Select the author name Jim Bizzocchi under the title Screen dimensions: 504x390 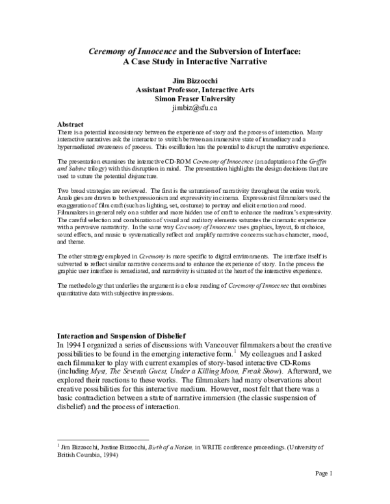[195, 80]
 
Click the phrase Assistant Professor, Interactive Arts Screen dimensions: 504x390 [195, 90]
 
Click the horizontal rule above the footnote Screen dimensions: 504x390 [103, 439]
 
